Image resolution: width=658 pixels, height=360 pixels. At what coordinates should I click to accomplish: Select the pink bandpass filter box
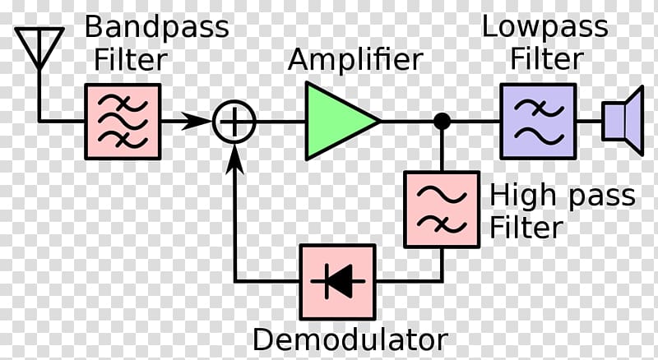pos(123,122)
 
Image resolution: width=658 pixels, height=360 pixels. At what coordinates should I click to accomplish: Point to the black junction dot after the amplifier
pos(442,122)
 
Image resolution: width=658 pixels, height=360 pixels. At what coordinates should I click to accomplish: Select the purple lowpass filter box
pos(539,122)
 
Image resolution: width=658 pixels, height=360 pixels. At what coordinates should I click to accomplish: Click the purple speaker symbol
pos(623,122)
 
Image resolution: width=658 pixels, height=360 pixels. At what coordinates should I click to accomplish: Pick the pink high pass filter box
pos(442,210)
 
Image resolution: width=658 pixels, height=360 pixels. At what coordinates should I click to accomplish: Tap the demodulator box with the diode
pos(338,282)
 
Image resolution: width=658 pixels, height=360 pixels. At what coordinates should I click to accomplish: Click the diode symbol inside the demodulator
pos(338,282)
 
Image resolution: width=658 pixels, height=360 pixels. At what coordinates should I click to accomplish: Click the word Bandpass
pos(157,28)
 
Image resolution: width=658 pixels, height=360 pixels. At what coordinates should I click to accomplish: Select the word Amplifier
pos(355,59)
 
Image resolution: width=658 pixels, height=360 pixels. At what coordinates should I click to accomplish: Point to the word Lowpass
pos(544,28)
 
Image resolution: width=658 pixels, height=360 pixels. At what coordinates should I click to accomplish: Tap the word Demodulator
pos(350,339)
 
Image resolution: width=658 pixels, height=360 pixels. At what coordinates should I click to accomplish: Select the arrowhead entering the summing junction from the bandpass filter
pos(197,122)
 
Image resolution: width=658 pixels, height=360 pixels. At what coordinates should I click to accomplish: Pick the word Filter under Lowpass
pos(547,58)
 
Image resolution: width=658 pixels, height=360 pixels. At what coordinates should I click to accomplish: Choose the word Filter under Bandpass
pos(131,60)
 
